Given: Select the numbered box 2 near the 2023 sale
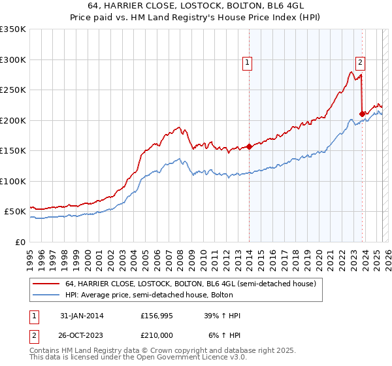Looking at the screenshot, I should pyautogui.click(x=361, y=63).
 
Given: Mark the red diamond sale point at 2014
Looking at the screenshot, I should pyautogui.click(x=249, y=146).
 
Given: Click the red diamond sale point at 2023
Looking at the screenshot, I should pyautogui.click(x=361, y=114).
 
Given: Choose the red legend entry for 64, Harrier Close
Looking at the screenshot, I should pyautogui.click(x=190, y=284).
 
